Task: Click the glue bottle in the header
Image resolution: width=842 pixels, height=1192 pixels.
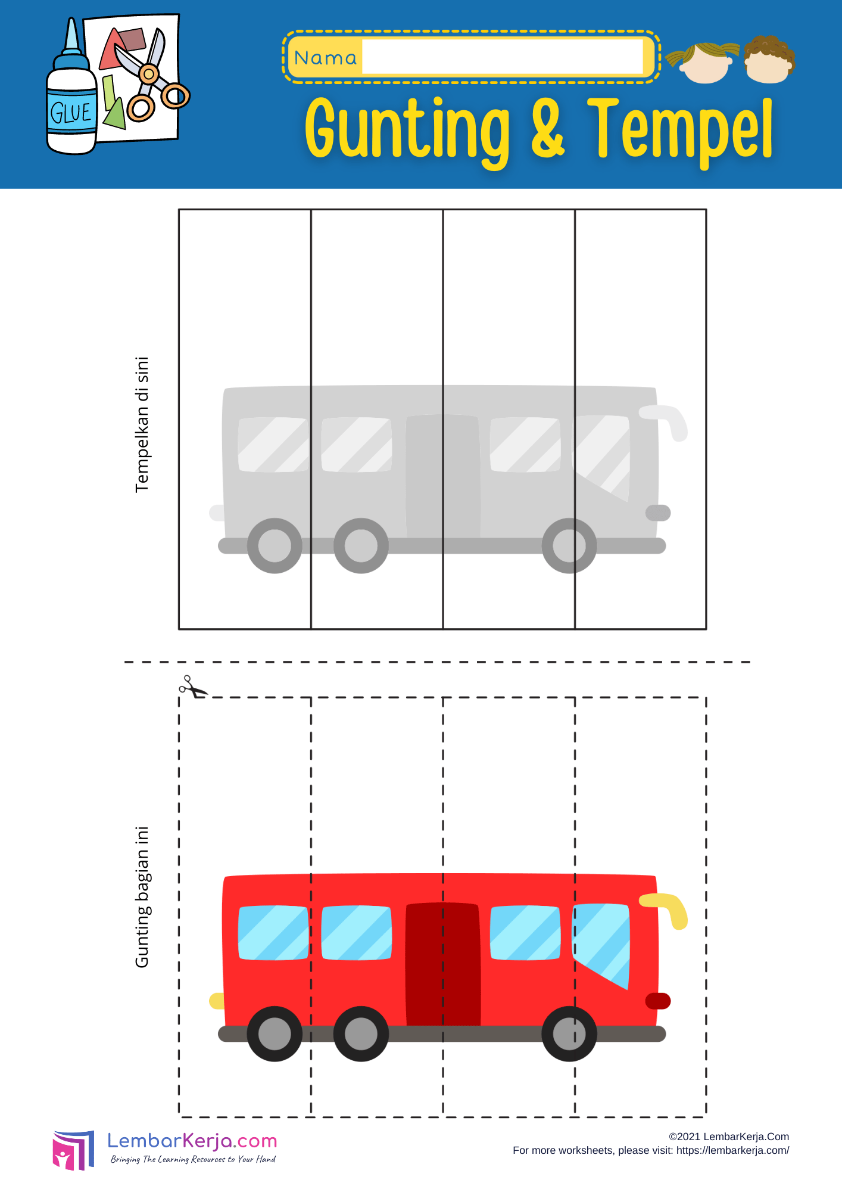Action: [x=71, y=95]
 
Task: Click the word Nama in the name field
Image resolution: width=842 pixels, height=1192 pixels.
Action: [x=325, y=58]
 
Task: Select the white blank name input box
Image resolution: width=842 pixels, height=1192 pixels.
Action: [x=503, y=57]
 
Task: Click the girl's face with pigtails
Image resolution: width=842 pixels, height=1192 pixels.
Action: [x=704, y=62]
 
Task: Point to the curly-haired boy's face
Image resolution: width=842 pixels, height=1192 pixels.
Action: [x=769, y=60]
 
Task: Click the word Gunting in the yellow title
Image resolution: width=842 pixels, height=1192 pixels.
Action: [x=408, y=131]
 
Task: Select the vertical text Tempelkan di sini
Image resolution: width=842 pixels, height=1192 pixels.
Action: [x=142, y=424]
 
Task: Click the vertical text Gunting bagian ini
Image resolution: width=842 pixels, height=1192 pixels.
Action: [x=142, y=897]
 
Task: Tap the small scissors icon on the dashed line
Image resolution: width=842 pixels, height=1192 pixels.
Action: [x=192, y=687]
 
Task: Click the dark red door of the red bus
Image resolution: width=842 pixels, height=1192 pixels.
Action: [x=443, y=964]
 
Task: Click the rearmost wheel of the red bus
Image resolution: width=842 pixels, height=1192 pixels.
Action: [x=275, y=1034]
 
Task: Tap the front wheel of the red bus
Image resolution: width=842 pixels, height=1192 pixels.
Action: [x=569, y=1034]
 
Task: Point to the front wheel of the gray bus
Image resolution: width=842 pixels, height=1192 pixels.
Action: [x=569, y=546]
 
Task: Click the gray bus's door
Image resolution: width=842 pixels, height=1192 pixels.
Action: [x=443, y=476]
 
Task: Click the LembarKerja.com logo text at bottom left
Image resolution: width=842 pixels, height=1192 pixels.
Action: [x=192, y=1141]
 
